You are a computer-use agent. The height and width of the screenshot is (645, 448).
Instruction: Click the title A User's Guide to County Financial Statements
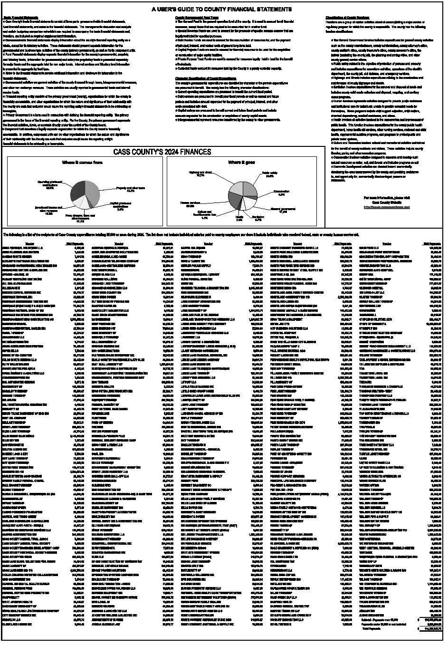point(222,9)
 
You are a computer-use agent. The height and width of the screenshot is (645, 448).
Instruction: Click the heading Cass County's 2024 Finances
point(162,152)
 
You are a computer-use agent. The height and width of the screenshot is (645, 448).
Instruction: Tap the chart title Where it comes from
point(82,163)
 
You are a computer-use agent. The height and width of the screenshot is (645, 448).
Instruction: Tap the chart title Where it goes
point(242,163)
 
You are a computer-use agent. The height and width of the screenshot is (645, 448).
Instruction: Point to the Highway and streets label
point(200,173)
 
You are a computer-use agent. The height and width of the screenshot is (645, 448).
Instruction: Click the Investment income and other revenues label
point(48,210)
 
